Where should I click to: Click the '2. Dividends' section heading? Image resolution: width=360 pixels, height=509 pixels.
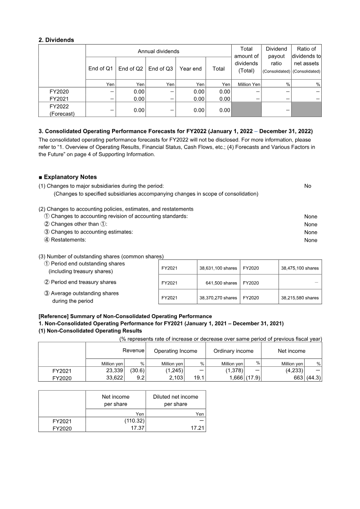[x=56, y=40]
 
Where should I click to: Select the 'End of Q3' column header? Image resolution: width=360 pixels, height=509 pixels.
[x=161, y=69]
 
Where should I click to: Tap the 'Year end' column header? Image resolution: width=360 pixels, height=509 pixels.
[x=190, y=69]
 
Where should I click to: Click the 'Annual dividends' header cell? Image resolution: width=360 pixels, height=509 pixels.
[x=158, y=51]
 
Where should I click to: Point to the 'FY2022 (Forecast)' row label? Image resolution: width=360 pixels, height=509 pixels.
[x=62, y=110]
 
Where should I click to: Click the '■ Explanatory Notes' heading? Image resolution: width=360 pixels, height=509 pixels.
[x=67, y=177]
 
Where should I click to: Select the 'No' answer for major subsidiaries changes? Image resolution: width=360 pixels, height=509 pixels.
[x=307, y=186]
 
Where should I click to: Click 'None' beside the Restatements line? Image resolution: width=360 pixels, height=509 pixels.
[x=310, y=240]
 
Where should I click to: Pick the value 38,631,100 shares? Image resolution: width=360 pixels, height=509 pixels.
[x=218, y=268]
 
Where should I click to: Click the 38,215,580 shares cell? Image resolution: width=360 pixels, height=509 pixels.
[x=300, y=298]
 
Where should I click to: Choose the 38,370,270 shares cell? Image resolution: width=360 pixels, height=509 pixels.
[x=218, y=298]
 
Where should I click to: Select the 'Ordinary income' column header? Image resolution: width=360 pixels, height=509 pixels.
[x=233, y=351]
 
